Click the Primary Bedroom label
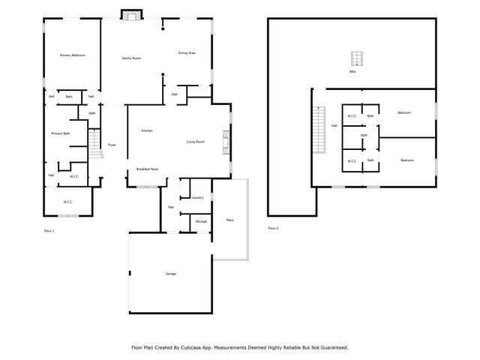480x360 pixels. pyautogui.click(x=73, y=55)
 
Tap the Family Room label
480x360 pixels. pyautogui.click(x=132, y=58)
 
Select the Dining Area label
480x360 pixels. pyautogui.click(x=187, y=52)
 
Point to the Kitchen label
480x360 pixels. pyautogui.click(x=148, y=131)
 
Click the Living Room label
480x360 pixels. pyautogui.click(x=196, y=142)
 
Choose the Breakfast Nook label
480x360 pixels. pyautogui.click(x=147, y=169)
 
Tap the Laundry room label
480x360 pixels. pyautogui.click(x=198, y=197)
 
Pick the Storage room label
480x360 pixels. pyautogui.click(x=201, y=221)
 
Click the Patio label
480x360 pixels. pyautogui.click(x=229, y=220)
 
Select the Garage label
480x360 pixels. pyautogui.click(x=171, y=274)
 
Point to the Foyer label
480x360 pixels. pyautogui.click(x=112, y=145)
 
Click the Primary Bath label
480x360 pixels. pyautogui.click(x=61, y=133)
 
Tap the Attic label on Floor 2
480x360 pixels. pyautogui.click(x=352, y=72)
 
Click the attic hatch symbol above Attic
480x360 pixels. pyautogui.click(x=355, y=58)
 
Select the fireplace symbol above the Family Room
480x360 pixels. pyautogui.click(x=132, y=16)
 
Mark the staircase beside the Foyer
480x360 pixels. pyautogui.click(x=94, y=142)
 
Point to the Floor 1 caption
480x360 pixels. pyautogui.click(x=49, y=230)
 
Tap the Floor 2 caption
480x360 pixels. pyautogui.click(x=273, y=228)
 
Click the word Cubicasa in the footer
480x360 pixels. pyautogui.click(x=205, y=347)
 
